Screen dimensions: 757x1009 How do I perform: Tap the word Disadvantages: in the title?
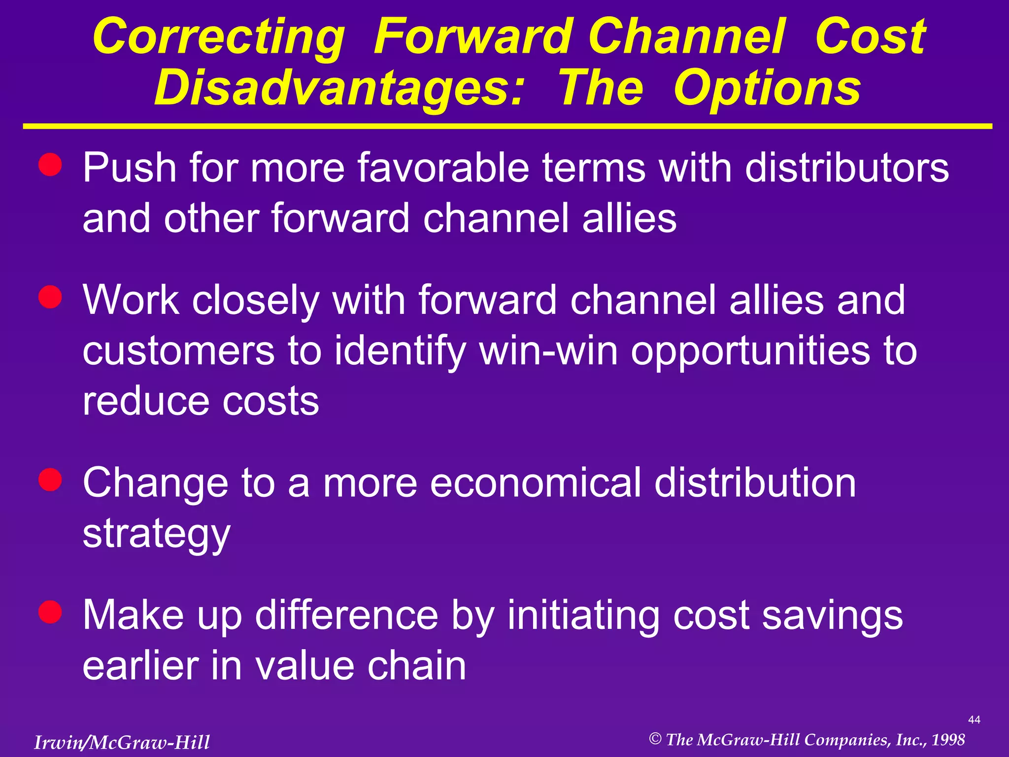338,89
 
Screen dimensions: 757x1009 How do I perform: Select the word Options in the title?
767,89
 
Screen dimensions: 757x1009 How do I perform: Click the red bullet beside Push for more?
50,165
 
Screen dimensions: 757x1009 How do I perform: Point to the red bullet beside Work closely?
50,297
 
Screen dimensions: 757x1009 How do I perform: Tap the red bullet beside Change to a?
50,479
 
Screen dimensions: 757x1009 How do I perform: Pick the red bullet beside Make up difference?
50,612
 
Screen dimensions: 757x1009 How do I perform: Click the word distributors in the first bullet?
846,168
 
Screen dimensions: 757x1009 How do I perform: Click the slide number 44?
974,720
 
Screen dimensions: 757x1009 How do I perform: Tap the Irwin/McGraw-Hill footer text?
122,742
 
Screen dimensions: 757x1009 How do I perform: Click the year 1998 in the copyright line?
948,740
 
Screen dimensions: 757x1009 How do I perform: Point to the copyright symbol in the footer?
655,739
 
